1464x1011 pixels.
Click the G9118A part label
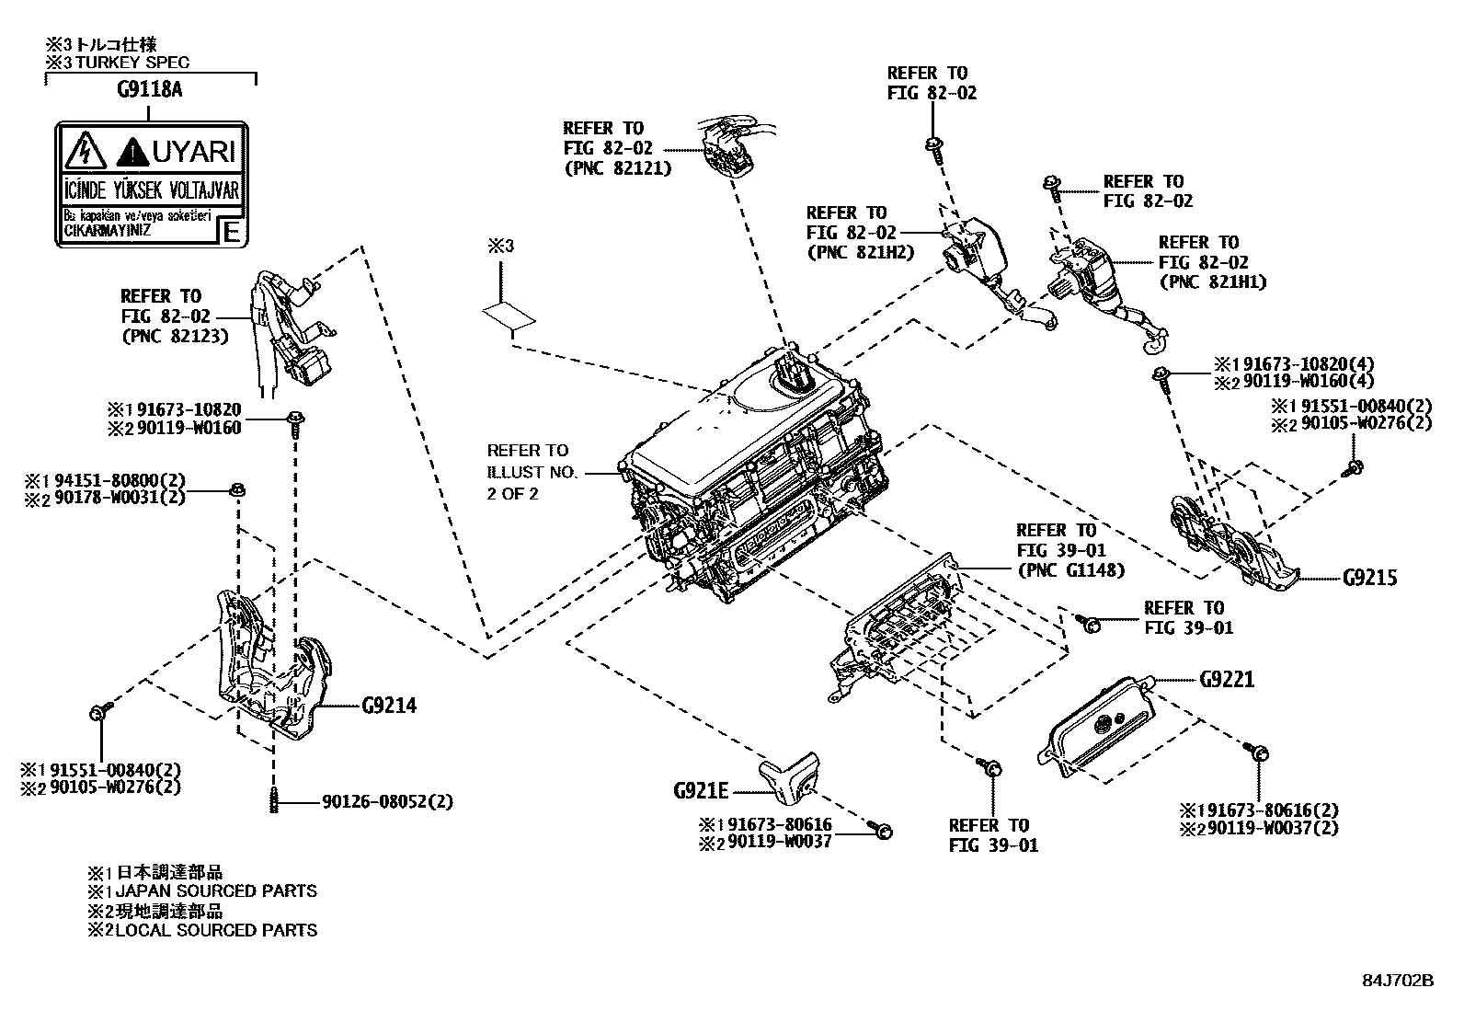tap(149, 90)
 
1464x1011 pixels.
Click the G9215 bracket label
tap(1369, 578)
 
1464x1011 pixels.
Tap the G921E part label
tap(701, 790)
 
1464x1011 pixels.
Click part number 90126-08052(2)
tap(387, 802)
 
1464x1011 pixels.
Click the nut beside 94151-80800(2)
tap(237, 488)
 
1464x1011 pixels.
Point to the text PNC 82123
tap(175, 336)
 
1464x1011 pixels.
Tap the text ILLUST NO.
tap(532, 472)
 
